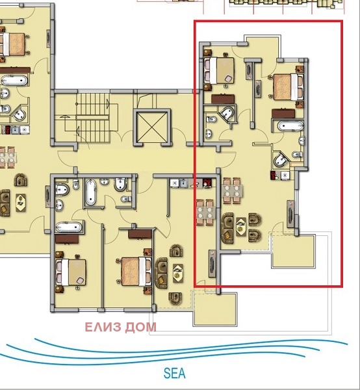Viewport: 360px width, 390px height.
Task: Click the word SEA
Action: coord(175,373)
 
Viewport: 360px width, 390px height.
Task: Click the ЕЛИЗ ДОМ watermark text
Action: coord(121,327)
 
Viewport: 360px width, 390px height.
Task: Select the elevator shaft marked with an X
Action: coord(152,127)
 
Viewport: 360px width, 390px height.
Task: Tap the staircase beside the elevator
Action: coord(93,118)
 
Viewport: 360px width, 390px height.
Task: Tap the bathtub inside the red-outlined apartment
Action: coord(290,125)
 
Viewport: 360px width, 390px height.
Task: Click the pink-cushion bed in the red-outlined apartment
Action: coord(219,71)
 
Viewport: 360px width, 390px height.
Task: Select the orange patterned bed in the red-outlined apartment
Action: coord(289,87)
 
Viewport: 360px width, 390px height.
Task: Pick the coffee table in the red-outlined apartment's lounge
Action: coord(240,227)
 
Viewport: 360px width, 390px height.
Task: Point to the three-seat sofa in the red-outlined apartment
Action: coord(227,228)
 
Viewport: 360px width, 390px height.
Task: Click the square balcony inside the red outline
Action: coord(293,251)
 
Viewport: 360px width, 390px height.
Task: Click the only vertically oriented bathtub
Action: coord(90,192)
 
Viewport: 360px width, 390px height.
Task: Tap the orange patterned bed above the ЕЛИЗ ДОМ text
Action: coord(136,272)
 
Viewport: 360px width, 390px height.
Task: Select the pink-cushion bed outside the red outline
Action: coord(71,272)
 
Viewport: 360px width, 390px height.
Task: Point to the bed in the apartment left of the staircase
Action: coord(12,44)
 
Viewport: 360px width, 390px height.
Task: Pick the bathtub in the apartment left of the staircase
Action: coord(14,81)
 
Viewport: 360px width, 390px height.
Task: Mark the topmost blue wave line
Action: coord(191,346)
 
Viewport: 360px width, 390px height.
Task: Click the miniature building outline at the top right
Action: coord(286,5)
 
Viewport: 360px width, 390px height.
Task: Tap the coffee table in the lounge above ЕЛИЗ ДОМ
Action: coord(178,273)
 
